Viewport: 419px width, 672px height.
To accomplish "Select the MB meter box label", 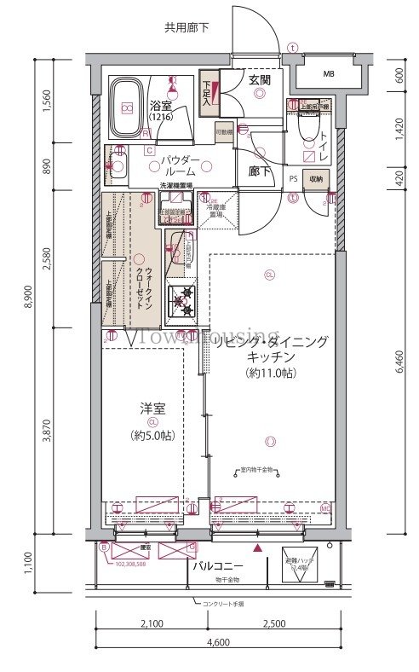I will coord(329,73).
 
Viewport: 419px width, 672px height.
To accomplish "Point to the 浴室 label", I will coord(163,107).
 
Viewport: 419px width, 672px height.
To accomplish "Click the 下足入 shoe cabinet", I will coord(208,91).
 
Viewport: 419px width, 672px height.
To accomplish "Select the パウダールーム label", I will coord(178,165).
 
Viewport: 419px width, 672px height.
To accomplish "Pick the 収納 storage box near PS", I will coord(315,179).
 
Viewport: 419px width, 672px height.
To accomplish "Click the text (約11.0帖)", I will coord(271,373).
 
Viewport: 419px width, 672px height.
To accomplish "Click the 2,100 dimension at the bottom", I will coord(151,625).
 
